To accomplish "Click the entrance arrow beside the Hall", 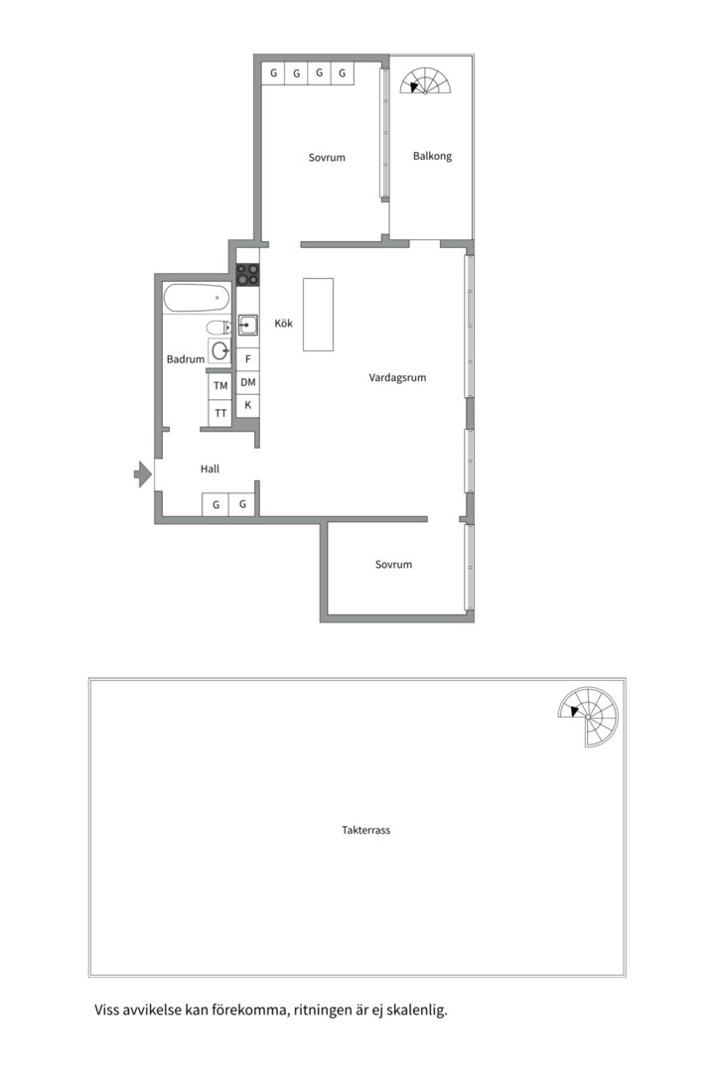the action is pyautogui.click(x=142, y=473).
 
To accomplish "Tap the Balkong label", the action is pyautogui.click(x=432, y=156).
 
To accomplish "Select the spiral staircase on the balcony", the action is pyautogui.click(x=426, y=80).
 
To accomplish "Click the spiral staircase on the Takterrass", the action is pyautogui.click(x=588, y=717).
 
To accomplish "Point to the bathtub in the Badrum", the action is pyautogui.click(x=197, y=298).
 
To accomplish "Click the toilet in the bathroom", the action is pyautogui.click(x=218, y=328).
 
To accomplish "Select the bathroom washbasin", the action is pyautogui.click(x=219, y=351).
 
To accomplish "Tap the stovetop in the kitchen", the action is pyautogui.click(x=247, y=274).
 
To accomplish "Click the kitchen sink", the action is pyautogui.click(x=247, y=326).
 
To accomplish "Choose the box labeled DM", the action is pyautogui.click(x=247, y=382).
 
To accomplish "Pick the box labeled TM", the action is pyautogui.click(x=220, y=385).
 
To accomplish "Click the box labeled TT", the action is pyautogui.click(x=220, y=413).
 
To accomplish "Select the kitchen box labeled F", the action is pyautogui.click(x=247, y=359).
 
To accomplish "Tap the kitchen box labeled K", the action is pyautogui.click(x=247, y=405).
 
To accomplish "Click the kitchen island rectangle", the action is pyautogui.click(x=318, y=315).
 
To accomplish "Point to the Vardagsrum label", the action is pyautogui.click(x=397, y=377).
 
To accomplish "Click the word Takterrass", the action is pyautogui.click(x=366, y=830).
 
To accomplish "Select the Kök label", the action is pyautogui.click(x=283, y=323).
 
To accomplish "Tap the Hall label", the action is pyautogui.click(x=211, y=469).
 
